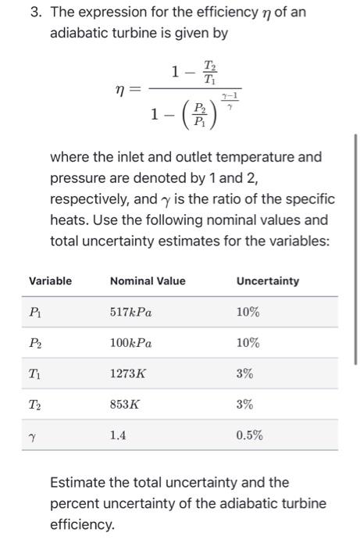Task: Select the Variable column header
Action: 50,281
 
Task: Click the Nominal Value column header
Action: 148,281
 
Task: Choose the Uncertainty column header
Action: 267,281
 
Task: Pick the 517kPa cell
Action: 131,312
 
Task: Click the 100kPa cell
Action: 131,343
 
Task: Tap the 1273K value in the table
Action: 128,374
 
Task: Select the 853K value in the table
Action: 125,405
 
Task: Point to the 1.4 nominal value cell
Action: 118,435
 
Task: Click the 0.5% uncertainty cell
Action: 249,435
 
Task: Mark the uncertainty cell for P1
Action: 248,312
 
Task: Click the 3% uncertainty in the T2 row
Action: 244,405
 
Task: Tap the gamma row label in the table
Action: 33,436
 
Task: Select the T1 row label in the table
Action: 35,374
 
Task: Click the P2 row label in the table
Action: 35,343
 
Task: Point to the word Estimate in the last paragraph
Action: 79,482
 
